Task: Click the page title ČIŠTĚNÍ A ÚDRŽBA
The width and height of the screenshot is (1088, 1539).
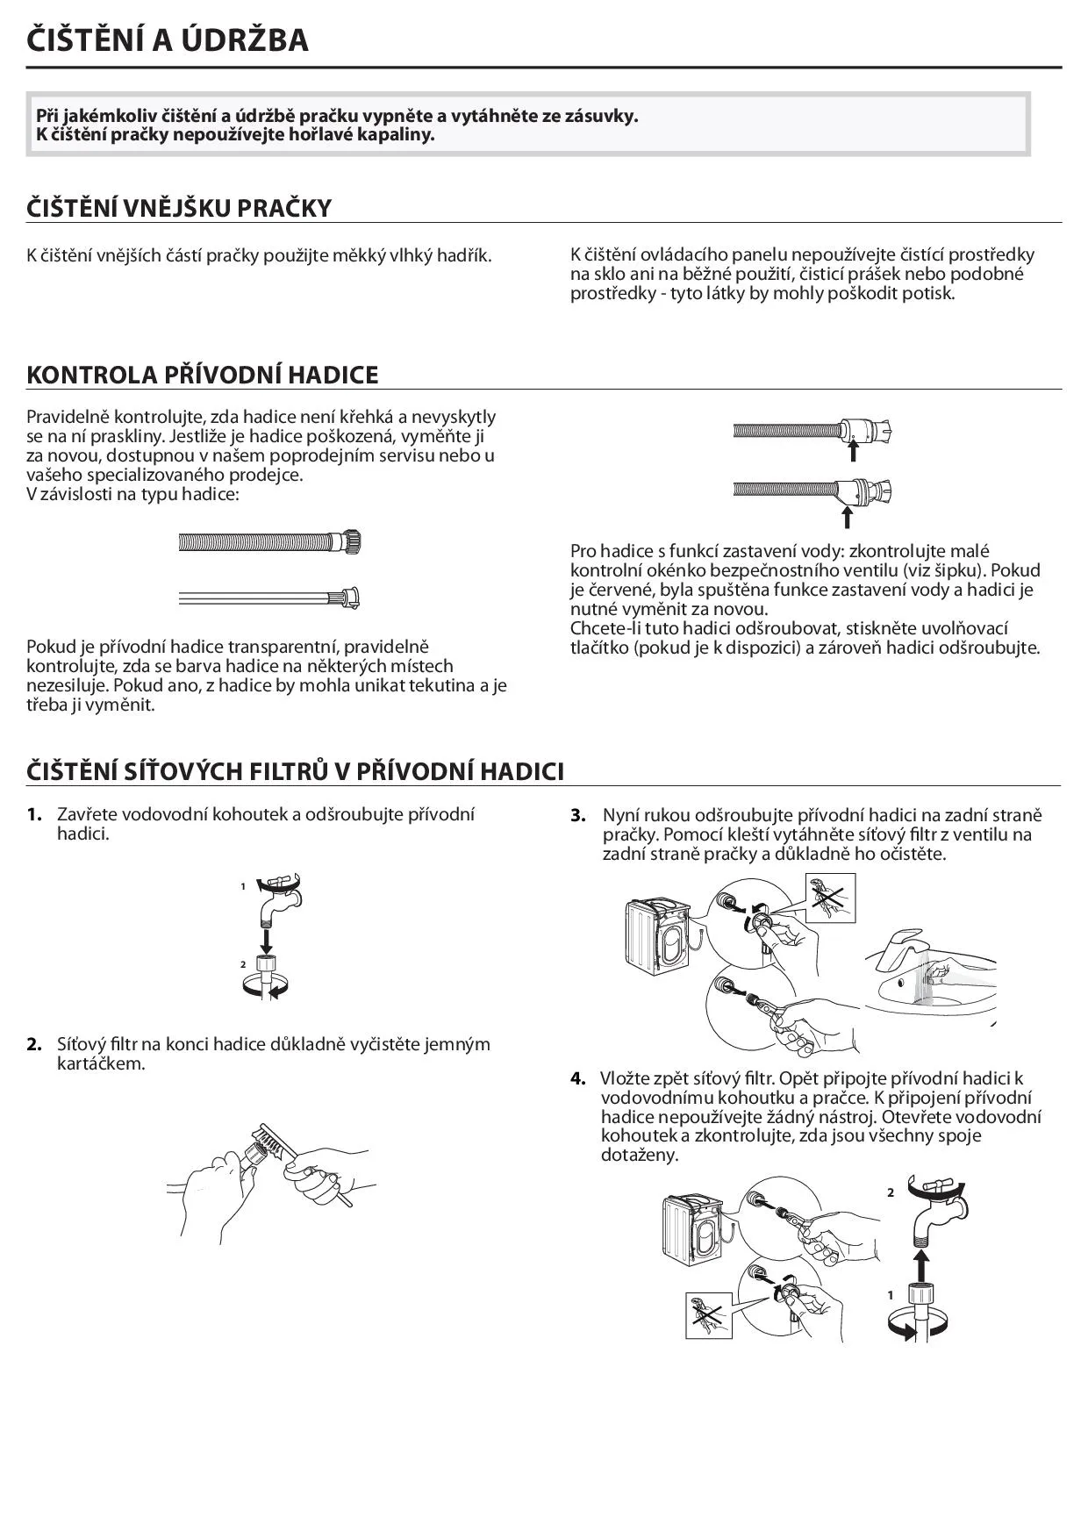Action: [x=168, y=40]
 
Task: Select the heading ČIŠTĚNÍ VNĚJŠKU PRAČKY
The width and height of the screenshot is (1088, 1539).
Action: [x=179, y=208]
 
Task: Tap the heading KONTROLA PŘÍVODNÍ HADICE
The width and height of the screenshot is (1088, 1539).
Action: [x=203, y=375]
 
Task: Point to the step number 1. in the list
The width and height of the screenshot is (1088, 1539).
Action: [x=34, y=814]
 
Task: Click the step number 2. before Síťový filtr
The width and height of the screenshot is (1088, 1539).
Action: [x=34, y=1044]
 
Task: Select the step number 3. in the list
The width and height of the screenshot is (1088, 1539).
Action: [x=578, y=815]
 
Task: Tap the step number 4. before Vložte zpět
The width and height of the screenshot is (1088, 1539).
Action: [x=578, y=1078]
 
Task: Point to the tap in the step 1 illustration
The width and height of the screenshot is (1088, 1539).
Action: [x=279, y=898]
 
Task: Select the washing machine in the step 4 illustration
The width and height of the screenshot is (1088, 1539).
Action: [x=694, y=1232]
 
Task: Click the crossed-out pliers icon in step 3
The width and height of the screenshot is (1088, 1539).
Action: [x=829, y=897]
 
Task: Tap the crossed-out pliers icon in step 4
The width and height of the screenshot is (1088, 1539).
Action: [x=709, y=1314]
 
